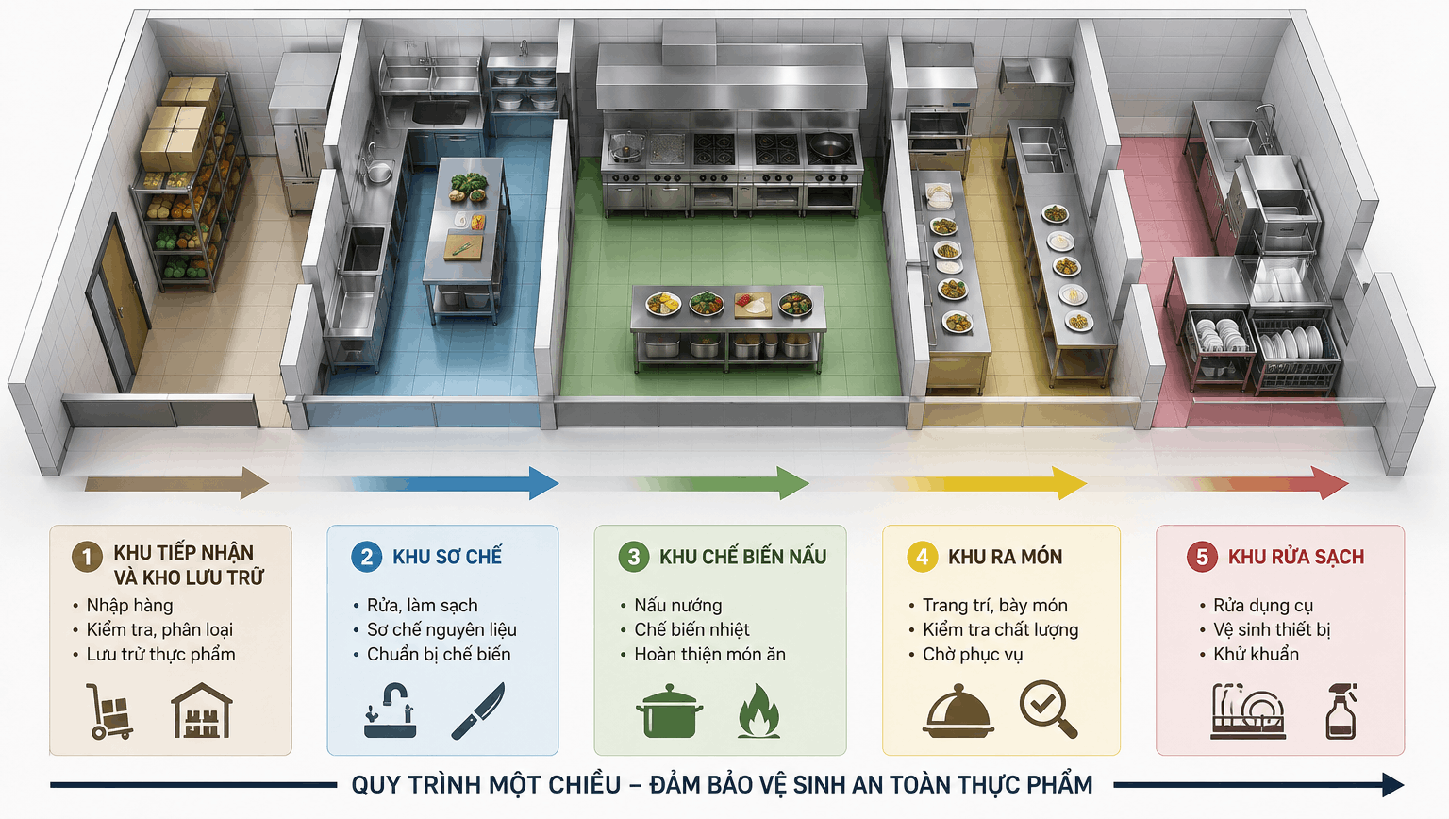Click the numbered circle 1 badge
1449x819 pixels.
click(87, 557)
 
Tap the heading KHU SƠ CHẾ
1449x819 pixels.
click(447, 557)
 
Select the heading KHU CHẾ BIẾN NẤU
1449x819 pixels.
click(742, 557)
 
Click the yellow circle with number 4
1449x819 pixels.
click(923, 557)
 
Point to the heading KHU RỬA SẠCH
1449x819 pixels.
click(1295, 557)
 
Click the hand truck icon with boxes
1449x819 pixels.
click(109, 711)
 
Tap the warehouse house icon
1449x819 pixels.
click(202, 710)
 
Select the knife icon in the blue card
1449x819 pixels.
click(478, 711)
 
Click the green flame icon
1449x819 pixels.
click(758, 711)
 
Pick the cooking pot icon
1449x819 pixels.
click(670, 711)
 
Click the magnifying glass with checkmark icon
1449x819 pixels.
click(1049, 709)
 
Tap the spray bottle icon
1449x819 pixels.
click(1341, 711)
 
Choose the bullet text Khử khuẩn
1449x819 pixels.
click(1256, 655)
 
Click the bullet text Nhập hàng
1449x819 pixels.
click(129, 606)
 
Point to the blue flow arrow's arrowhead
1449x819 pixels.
click(543, 482)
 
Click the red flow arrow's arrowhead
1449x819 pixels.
click(1333, 482)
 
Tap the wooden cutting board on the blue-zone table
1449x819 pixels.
click(462, 247)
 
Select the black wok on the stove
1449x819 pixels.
click(830, 146)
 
